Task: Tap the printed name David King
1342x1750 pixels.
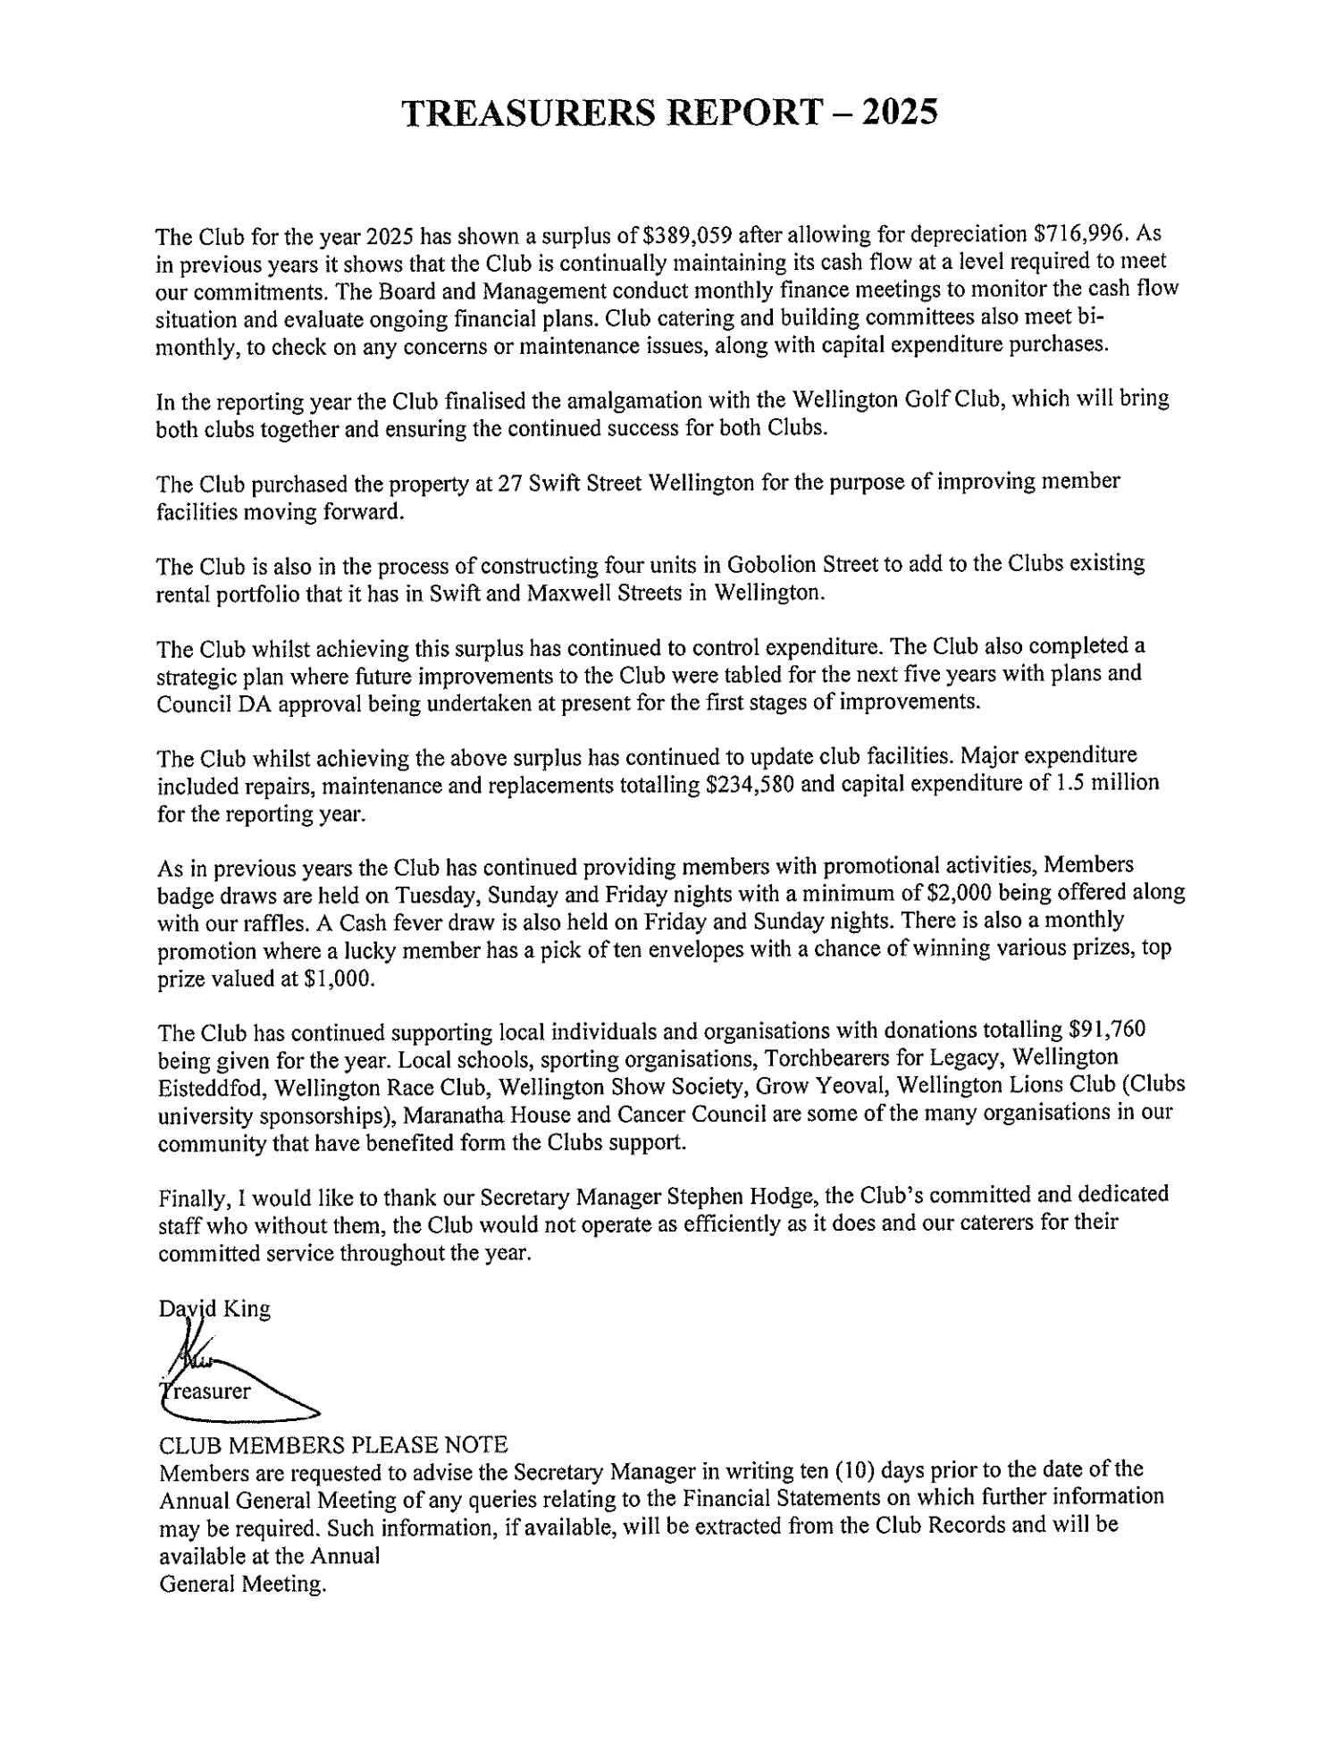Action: coord(214,1309)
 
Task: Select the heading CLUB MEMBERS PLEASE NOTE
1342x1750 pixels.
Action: coord(332,1444)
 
